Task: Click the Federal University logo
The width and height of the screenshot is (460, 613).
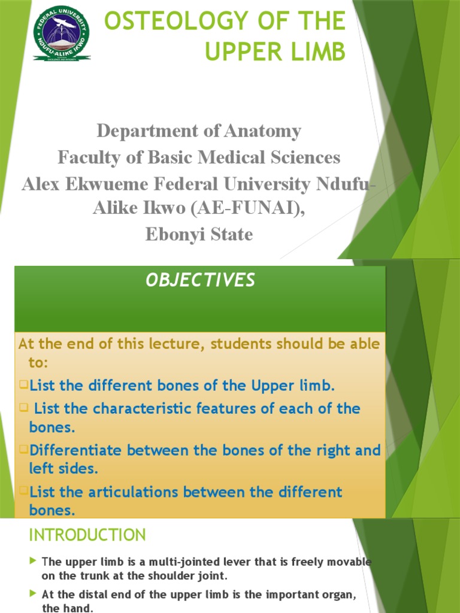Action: (62, 34)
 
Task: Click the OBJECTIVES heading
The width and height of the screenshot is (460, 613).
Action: (200, 280)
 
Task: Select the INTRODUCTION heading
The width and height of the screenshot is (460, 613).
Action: (87, 535)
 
